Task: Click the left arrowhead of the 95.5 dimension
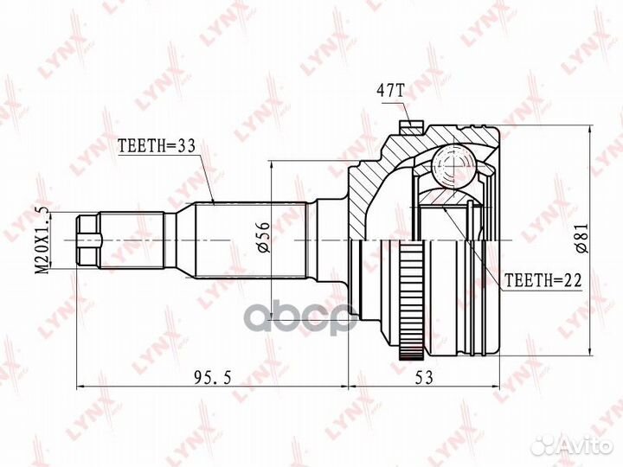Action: (80, 385)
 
